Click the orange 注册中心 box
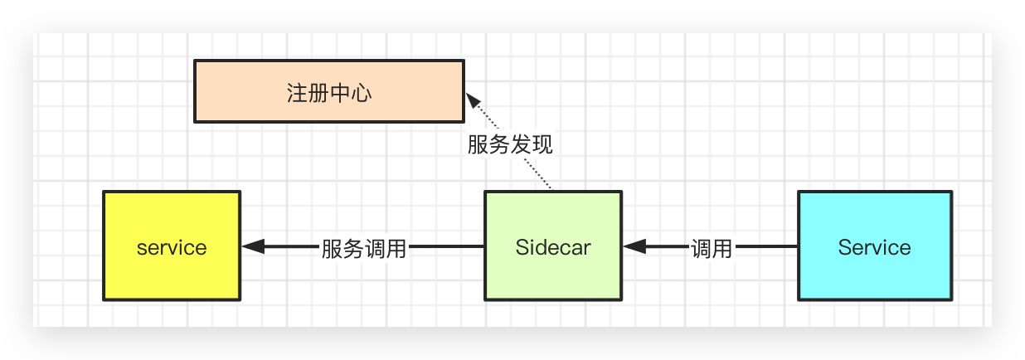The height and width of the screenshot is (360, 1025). click(328, 91)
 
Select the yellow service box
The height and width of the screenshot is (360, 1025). click(172, 246)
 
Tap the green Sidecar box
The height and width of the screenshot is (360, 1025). click(552, 246)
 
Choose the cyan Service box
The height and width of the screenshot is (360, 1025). click(874, 246)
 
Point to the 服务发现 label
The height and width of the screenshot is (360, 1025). click(510, 145)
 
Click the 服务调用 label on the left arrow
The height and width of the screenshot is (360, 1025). click(364, 248)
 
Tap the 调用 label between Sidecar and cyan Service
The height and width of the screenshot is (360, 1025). click(712, 248)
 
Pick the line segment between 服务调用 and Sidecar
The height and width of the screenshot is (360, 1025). click(446, 246)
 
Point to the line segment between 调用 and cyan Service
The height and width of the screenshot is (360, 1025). click(766, 246)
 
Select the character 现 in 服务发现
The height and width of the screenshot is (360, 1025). click(542, 145)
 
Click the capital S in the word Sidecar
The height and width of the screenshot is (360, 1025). click(522, 247)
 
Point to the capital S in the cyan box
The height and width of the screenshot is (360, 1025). click(844, 247)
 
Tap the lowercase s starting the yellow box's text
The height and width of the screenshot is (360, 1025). click(142, 248)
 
